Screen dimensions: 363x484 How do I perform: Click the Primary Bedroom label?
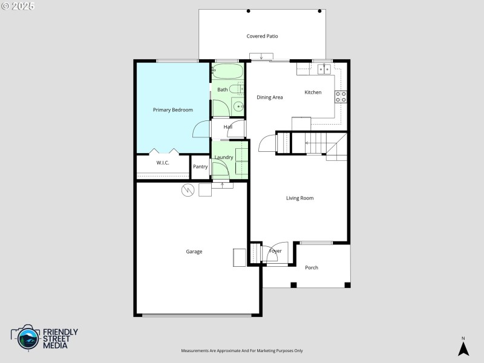pyautogui.click(x=173, y=110)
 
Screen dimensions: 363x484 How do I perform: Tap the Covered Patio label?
pyautogui.click(x=262, y=36)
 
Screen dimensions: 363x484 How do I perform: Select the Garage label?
pyautogui.click(x=194, y=252)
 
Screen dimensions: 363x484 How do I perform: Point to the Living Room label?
pyautogui.click(x=299, y=198)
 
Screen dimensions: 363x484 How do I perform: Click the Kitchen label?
pyautogui.click(x=313, y=92)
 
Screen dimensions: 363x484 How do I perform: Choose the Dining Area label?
pyautogui.click(x=270, y=97)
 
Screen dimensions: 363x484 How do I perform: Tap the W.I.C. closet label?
pyautogui.click(x=163, y=163)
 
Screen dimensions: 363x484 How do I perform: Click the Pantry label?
pyautogui.click(x=200, y=166)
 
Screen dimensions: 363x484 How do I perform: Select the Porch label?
pyautogui.click(x=312, y=267)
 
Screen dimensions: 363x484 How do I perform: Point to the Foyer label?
pyautogui.click(x=275, y=251)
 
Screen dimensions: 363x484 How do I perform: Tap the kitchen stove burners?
pyautogui.click(x=341, y=97)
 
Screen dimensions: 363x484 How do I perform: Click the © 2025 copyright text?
pyautogui.click(x=18, y=5)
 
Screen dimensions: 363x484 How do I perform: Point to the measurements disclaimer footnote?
pyautogui.click(x=242, y=351)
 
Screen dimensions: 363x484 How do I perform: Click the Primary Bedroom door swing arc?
pyautogui.click(x=200, y=129)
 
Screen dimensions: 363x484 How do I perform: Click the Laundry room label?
pyautogui.click(x=224, y=157)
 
